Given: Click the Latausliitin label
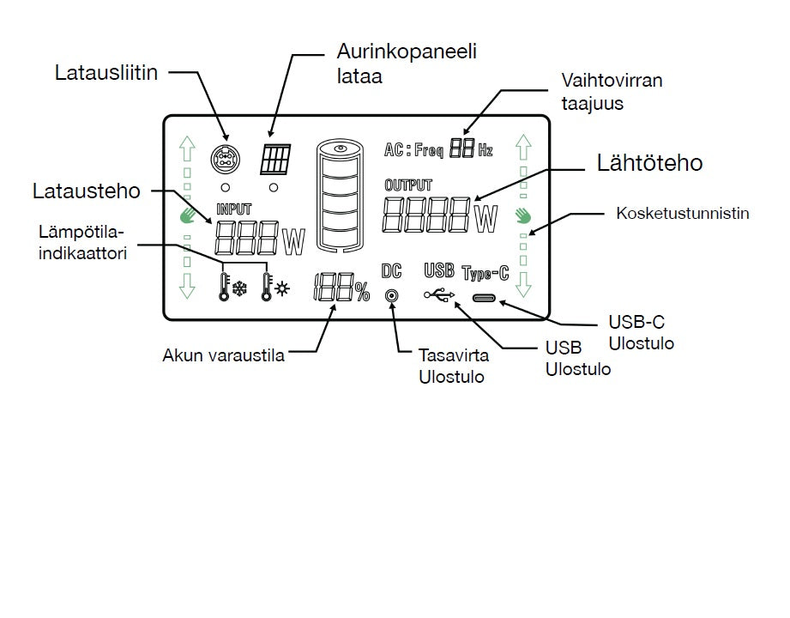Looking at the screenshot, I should click(x=107, y=72).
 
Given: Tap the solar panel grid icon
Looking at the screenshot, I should click(x=275, y=158).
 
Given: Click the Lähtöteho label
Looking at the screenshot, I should click(x=648, y=163).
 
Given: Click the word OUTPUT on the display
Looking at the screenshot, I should click(x=408, y=185).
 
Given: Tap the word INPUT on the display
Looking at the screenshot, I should click(x=234, y=208).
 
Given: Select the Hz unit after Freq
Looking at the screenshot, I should click(x=485, y=151).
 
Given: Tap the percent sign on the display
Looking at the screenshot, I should click(x=362, y=293).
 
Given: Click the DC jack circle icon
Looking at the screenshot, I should click(x=392, y=296).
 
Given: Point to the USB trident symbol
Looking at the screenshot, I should click(x=438, y=296).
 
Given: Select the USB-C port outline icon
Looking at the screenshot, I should click(x=485, y=298).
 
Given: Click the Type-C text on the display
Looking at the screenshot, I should click(x=485, y=274).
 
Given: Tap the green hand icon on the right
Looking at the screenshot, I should click(x=523, y=215).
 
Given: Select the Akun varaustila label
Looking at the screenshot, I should click(x=223, y=355).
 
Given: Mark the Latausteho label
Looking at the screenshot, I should click(x=86, y=191).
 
